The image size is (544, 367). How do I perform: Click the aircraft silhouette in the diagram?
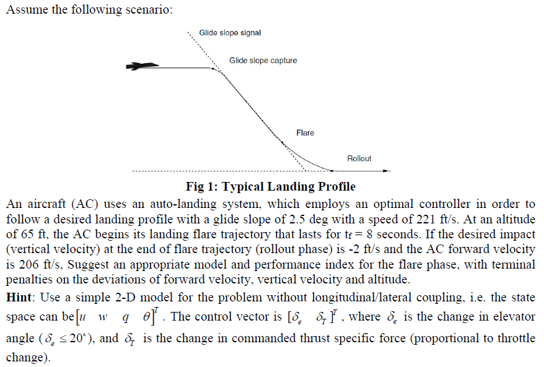141,66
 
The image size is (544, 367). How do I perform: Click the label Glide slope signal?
230,33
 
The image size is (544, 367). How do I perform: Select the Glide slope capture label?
263,61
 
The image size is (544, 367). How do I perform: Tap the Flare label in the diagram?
305,133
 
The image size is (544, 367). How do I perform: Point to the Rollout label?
359,158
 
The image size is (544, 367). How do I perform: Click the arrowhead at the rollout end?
388,170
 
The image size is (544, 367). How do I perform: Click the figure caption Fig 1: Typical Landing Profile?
271,186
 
